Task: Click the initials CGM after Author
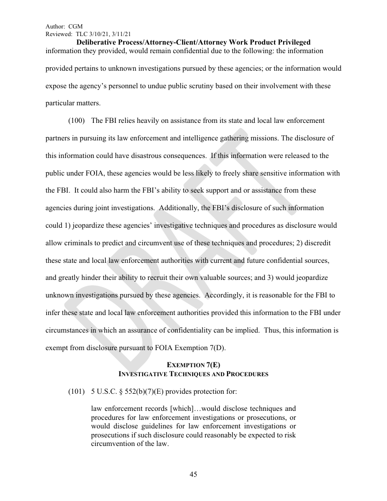[x=76, y=27]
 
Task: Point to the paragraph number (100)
[x=77, y=121]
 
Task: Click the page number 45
[x=193, y=474]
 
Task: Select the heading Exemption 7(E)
[x=193, y=365]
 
